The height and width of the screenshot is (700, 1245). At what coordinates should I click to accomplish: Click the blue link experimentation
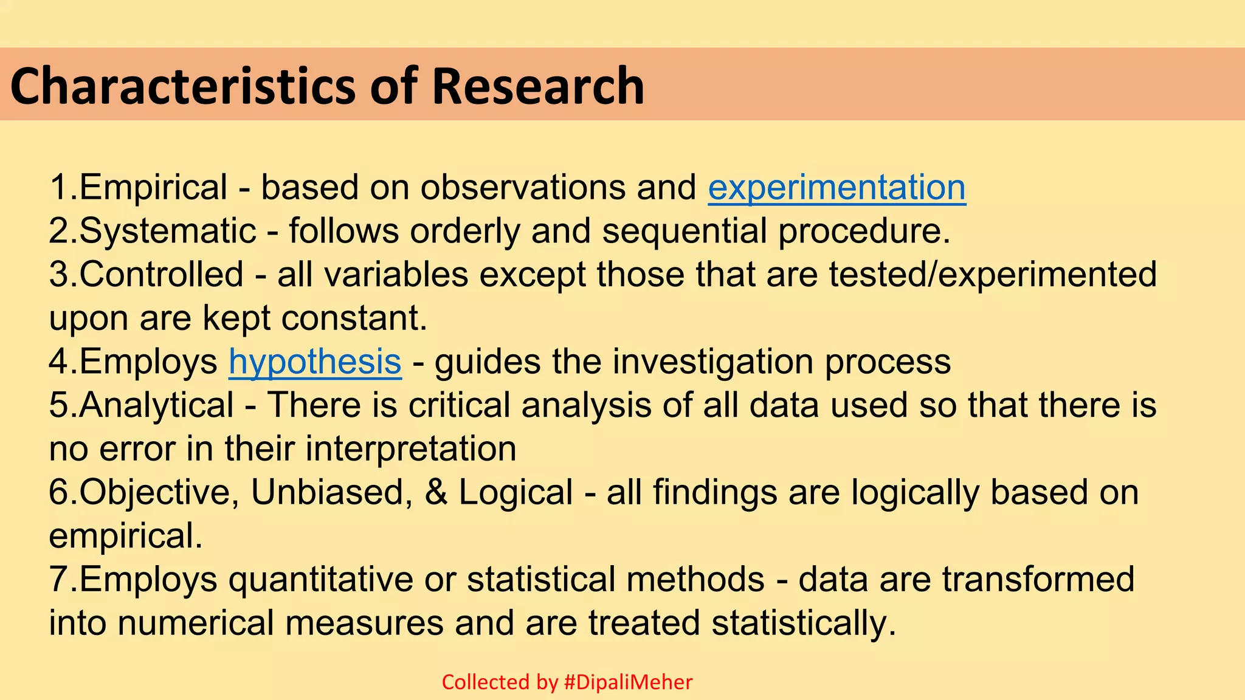click(836, 187)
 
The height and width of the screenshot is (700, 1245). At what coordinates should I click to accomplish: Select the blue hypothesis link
click(315, 362)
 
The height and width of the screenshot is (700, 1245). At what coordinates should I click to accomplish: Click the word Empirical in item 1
click(154, 187)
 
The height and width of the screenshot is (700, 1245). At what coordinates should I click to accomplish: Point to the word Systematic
click(168, 231)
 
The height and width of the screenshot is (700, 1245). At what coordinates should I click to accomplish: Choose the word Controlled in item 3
click(162, 274)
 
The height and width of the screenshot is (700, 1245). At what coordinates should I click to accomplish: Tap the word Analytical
click(156, 405)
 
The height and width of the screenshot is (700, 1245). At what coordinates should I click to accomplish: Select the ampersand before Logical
click(436, 492)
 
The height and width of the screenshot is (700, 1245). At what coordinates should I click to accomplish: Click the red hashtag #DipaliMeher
click(628, 682)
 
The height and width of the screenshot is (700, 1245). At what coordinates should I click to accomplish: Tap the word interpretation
click(411, 449)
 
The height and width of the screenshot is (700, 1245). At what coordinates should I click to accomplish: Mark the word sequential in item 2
click(685, 231)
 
